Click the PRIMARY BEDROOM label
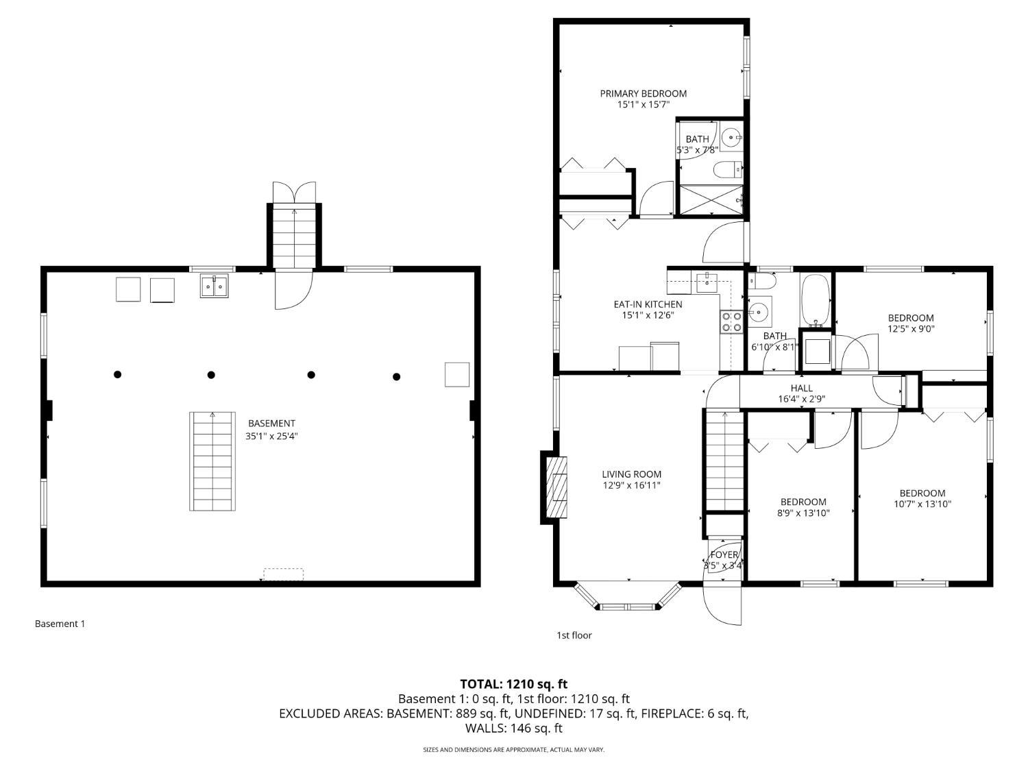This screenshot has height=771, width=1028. tap(643, 94)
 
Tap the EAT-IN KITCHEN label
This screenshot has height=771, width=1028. tap(648, 304)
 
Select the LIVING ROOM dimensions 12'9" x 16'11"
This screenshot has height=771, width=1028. tap(631, 485)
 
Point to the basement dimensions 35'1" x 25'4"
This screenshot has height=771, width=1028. tap(271, 437)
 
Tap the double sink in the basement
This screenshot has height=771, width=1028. tap(214, 286)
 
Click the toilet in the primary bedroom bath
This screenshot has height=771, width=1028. tap(728, 170)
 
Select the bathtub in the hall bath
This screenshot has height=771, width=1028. tap(816, 301)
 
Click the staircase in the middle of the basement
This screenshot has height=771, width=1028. tap(212, 461)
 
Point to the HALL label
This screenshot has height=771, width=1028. tap(801, 388)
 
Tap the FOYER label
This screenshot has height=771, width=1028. tap(724, 554)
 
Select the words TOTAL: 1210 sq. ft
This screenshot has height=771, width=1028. tap(514, 684)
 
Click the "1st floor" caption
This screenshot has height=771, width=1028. tap(574, 635)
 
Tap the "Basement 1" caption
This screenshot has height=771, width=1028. tap(60, 624)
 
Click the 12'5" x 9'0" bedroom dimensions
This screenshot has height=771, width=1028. tap(911, 329)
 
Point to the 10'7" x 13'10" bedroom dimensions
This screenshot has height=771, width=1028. tap(922, 504)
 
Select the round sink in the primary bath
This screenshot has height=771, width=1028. tap(731, 138)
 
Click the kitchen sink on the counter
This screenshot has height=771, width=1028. tap(707, 283)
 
